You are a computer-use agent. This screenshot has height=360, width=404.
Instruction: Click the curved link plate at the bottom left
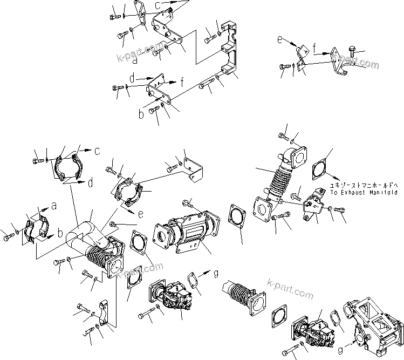click(107, 315)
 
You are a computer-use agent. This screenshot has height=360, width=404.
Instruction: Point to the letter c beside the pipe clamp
click(97, 151)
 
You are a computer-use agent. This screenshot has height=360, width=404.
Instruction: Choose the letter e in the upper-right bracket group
click(280, 40)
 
